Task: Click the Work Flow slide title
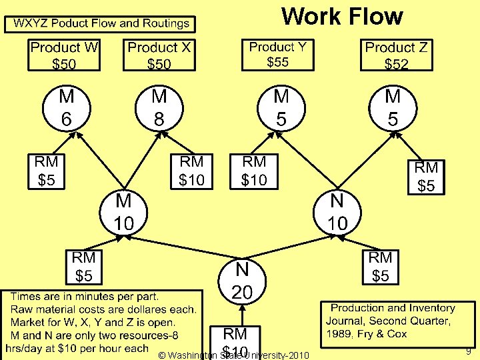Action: (342, 16)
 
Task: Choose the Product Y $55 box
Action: (278, 54)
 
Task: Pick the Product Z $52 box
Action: (396, 55)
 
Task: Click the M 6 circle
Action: (67, 108)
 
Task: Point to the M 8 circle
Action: (159, 108)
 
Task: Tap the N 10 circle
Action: (338, 213)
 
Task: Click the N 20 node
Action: (241, 281)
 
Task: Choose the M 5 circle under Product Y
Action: (281, 108)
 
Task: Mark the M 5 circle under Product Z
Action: (393, 108)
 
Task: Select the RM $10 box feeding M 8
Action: (191, 171)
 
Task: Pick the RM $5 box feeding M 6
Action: (46, 171)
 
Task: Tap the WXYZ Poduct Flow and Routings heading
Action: (101, 24)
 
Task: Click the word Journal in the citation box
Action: (348, 321)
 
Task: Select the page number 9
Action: (469, 351)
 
